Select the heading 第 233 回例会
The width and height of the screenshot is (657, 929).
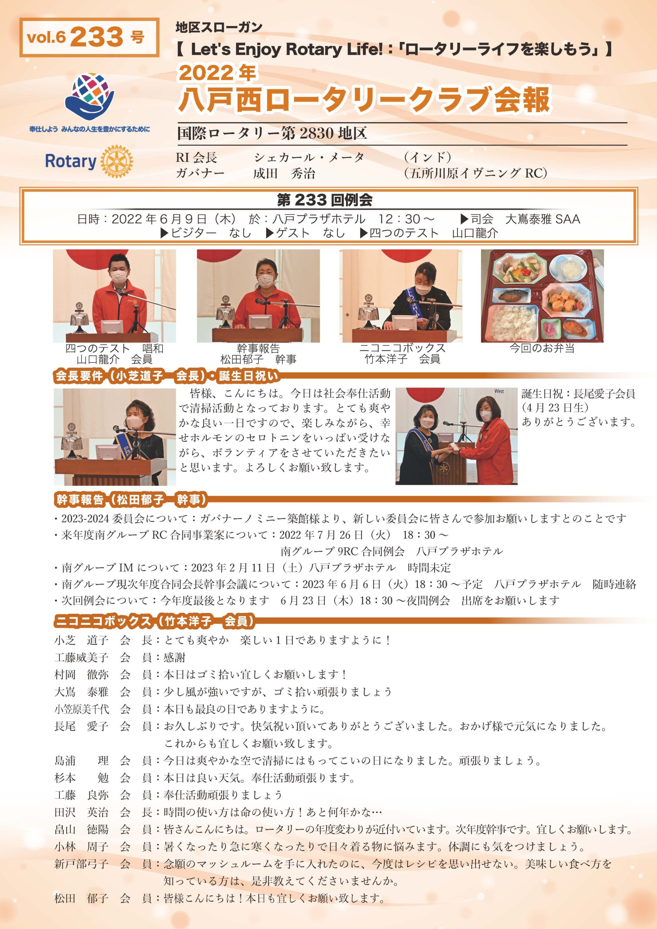325,200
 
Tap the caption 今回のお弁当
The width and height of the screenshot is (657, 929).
542,348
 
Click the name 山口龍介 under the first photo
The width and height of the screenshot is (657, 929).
98,359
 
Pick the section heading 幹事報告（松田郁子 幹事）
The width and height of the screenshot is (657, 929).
131,500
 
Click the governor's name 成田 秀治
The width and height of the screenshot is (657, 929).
284,173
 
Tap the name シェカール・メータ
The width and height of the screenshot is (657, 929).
309,157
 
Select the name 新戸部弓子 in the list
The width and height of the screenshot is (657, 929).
81,864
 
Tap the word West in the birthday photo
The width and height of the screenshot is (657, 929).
499,391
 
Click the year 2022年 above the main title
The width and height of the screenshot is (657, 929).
217,73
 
